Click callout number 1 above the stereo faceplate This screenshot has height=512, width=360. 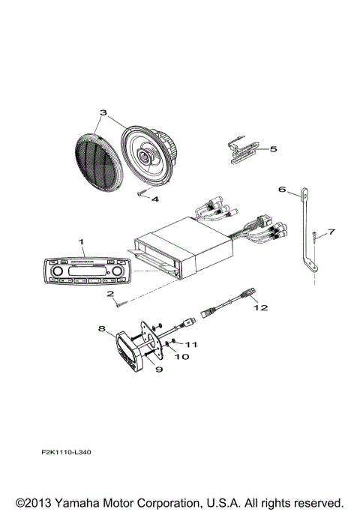click(81, 241)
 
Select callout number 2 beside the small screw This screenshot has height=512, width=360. click(109, 294)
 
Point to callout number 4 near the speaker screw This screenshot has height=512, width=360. click(154, 200)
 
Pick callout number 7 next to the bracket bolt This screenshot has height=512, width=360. click(332, 232)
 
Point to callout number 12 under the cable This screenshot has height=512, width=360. click(259, 307)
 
